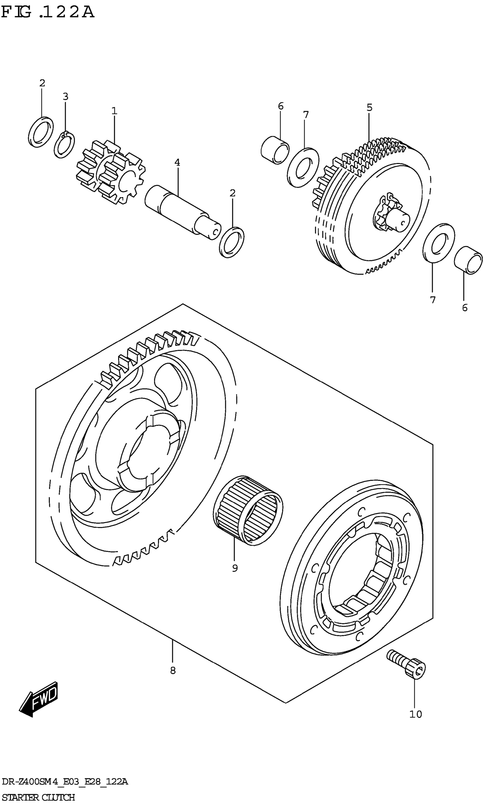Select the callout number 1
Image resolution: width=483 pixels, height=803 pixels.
(114, 111)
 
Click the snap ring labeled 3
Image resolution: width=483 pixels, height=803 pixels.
(64, 145)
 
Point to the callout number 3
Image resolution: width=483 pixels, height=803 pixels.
(65, 97)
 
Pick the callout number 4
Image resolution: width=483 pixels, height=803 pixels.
(177, 162)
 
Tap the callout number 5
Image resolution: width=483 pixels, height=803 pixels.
(369, 107)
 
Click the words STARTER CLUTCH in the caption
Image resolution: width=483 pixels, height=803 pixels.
(38, 795)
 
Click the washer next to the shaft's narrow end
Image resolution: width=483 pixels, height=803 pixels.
(232, 242)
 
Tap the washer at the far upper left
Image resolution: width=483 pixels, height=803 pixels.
(41, 132)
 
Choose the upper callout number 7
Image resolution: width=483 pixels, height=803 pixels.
(306, 115)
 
